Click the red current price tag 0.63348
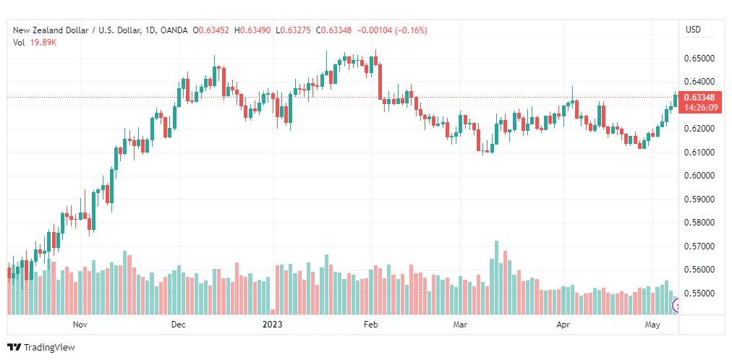coord(699,98)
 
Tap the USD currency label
coord(693,30)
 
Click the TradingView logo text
coord(49,348)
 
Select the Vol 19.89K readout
coord(35,43)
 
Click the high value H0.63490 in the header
coord(252,30)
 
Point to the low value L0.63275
coord(294,30)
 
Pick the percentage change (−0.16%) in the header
coord(412,30)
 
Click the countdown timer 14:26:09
coord(699,107)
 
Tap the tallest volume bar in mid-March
coord(496,278)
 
